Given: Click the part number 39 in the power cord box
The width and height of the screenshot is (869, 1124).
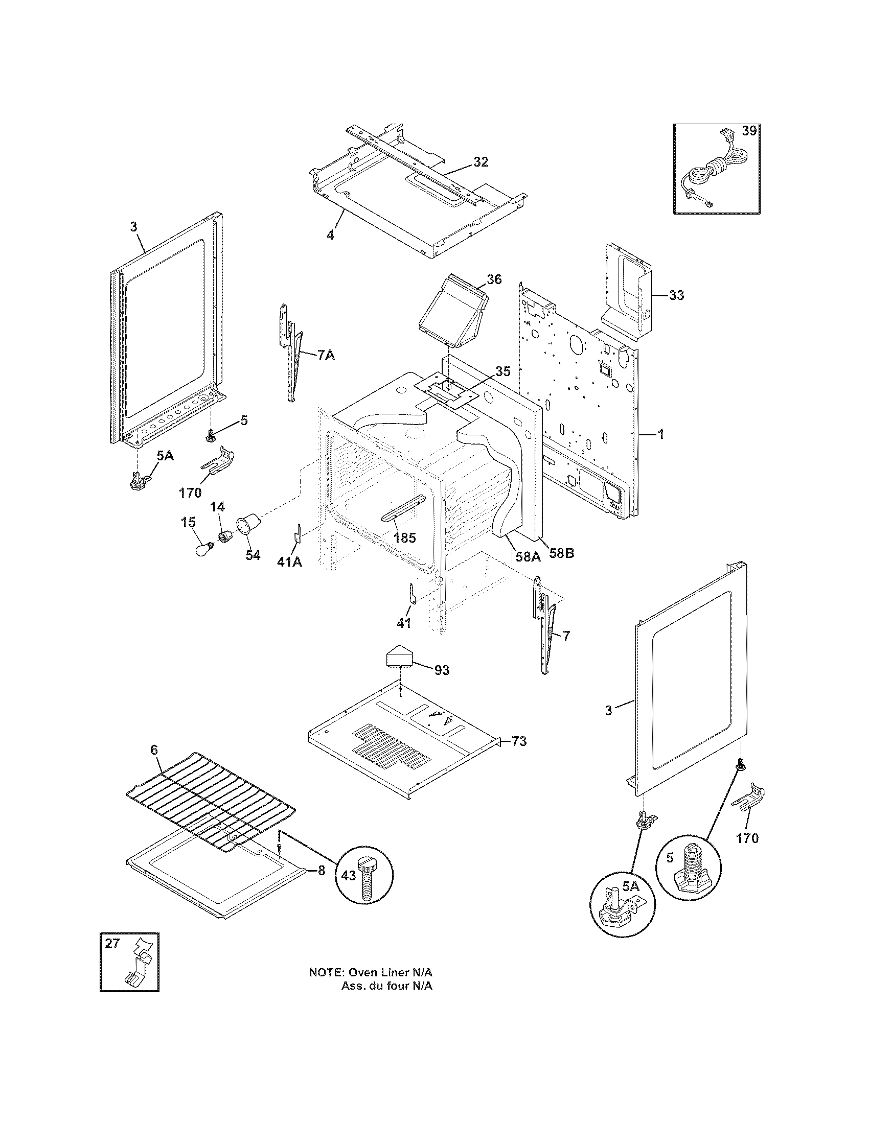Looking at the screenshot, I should coord(749,131).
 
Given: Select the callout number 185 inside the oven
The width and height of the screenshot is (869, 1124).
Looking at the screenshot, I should coord(404,538).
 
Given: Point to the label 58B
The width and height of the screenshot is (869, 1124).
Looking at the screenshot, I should coord(561,553).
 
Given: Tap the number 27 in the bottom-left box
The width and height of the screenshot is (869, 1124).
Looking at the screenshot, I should coord(112,943).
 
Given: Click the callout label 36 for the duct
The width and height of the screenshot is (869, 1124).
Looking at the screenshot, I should coord(494,279).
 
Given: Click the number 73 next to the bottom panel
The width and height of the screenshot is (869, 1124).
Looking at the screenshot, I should coord(519,742).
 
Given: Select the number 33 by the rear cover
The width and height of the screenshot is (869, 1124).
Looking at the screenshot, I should coord(677,295).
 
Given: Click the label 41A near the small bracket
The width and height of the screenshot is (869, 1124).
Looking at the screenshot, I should coord(289,563).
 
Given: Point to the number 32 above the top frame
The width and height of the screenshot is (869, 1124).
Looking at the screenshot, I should coord(481,162).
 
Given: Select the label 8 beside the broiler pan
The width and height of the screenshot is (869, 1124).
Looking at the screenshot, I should coord(321,871).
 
